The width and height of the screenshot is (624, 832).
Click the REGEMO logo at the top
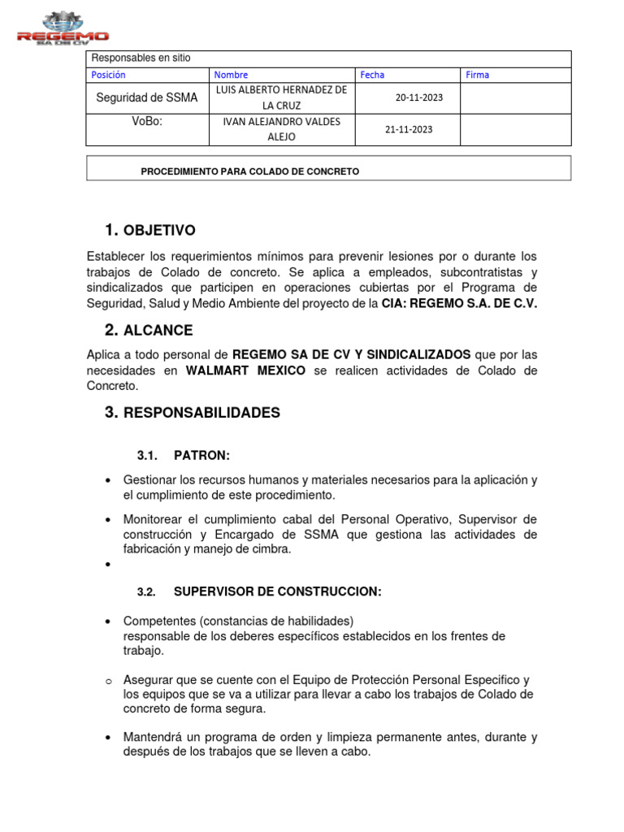coord(63,28)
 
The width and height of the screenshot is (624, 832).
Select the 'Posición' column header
coord(109,75)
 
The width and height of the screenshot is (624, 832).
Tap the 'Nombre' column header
coord(231,75)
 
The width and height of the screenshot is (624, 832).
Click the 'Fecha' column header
coord(372,75)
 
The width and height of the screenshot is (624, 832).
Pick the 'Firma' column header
coord(478,75)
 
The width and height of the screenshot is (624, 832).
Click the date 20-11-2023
coord(419,97)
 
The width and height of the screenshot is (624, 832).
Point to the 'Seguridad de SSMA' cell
coord(147,97)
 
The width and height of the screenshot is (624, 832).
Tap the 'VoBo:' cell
coord(147,122)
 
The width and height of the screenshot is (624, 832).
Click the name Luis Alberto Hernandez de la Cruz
coord(282,97)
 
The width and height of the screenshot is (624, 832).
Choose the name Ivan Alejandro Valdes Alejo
coord(282,129)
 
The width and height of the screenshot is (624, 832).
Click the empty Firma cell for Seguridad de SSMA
coord(515,97)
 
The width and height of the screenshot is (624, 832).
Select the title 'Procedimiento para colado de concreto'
coord(249,171)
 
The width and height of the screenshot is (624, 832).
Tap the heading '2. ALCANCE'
coord(149,331)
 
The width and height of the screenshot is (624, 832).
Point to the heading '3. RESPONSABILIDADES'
coord(192,413)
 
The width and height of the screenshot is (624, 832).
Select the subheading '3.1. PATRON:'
coord(184,456)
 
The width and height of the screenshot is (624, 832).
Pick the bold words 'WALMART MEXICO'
coord(245,370)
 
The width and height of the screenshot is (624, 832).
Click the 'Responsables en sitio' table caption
coord(141,58)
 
